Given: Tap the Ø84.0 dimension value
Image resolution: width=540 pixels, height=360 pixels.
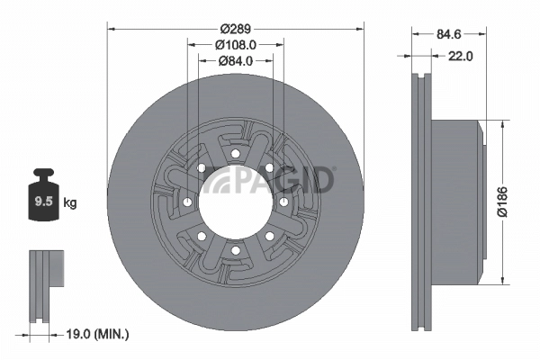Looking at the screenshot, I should click(x=235, y=60).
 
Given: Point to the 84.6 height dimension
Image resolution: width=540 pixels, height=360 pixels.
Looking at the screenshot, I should click(x=450, y=34).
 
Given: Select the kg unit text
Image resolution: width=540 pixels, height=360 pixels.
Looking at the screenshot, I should click(x=70, y=202).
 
